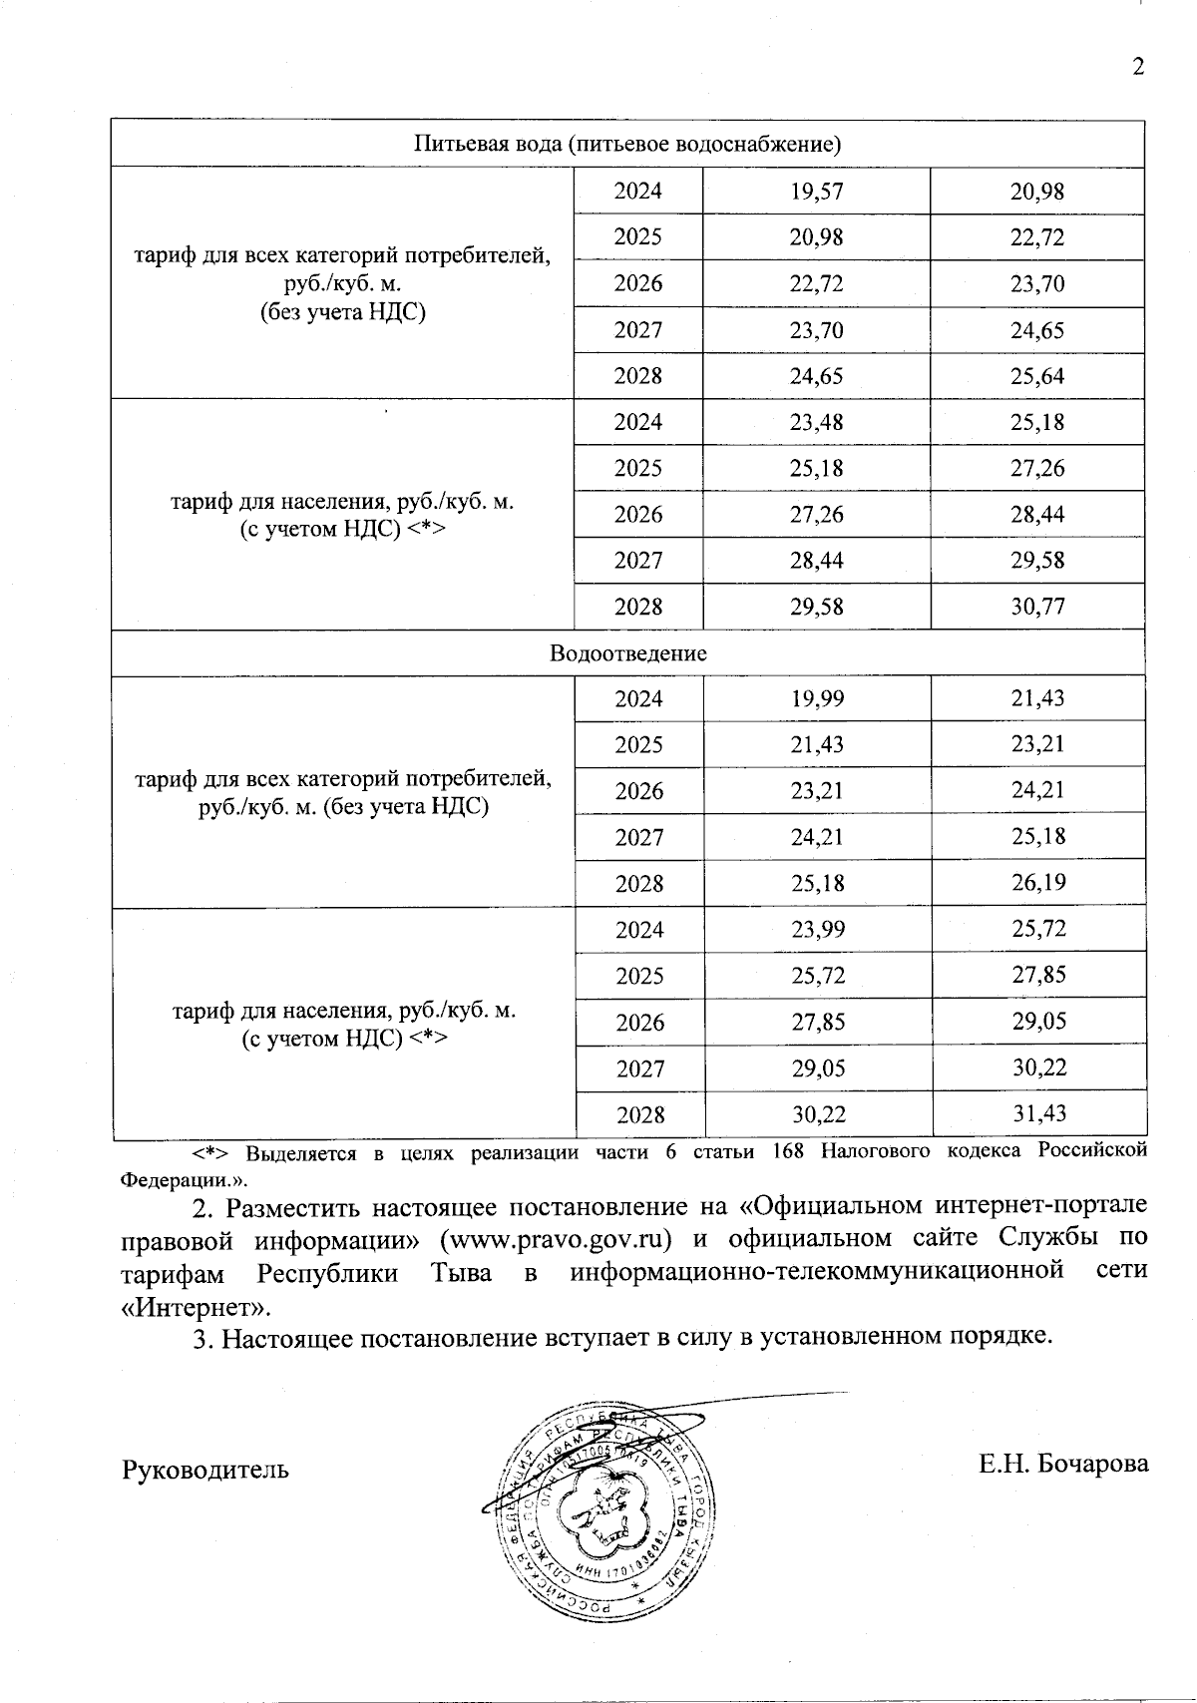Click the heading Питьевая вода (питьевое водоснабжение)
pos(627,144)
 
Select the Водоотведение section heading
pos(627,653)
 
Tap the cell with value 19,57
pos(816,191)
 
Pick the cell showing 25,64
pos(1037,376)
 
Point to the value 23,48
pos(816,422)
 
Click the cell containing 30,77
pos(1037,607)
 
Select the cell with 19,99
pos(817,698)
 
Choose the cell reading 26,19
pos(1038,883)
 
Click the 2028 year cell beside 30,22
pos(640,1114)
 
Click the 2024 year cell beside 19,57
pos(638,191)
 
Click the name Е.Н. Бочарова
pos(1063,1464)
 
